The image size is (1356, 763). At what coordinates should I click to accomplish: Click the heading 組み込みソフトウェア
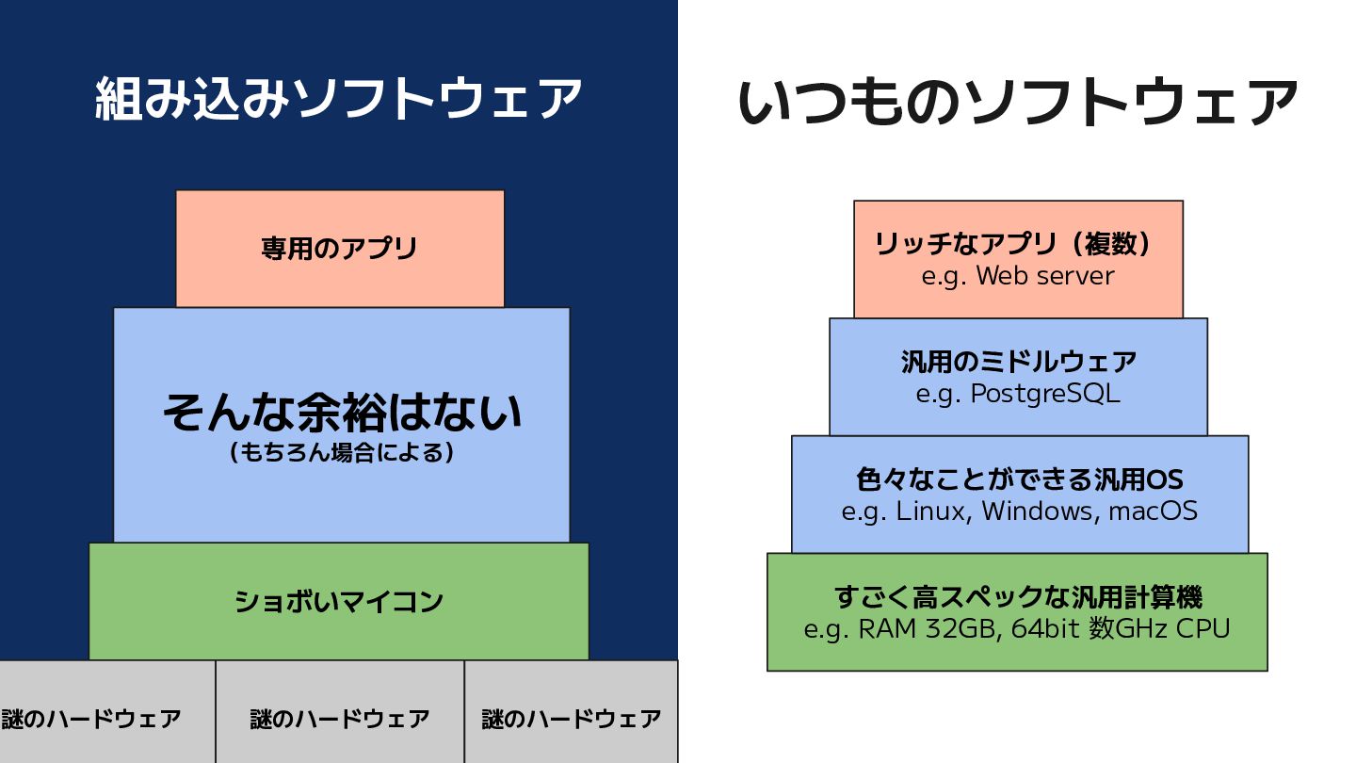click(x=338, y=99)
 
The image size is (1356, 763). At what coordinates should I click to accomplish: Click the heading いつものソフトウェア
click(x=1018, y=102)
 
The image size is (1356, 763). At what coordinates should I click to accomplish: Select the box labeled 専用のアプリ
click(x=340, y=249)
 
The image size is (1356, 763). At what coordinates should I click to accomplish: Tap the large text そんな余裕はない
click(x=342, y=413)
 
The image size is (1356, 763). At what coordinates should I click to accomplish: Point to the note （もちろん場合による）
click(x=342, y=453)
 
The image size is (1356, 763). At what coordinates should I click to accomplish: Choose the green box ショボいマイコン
click(x=338, y=601)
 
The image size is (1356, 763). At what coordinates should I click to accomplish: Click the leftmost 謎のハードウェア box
click(x=107, y=712)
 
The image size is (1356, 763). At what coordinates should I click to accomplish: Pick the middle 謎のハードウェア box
click(x=340, y=712)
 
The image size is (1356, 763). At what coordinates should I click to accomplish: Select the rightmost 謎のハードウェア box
click(x=571, y=712)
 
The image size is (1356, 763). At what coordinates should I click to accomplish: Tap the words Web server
click(x=1045, y=276)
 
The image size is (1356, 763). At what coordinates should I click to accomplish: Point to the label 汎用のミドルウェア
click(x=1018, y=362)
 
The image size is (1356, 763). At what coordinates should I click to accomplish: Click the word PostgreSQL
click(x=1045, y=394)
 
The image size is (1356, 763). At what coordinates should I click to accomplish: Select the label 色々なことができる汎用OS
click(x=1019, y=479)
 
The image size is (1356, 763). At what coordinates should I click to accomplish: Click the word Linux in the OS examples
click(x=932, y=511)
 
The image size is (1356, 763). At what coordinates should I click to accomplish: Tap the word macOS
click(x=1153, y=511)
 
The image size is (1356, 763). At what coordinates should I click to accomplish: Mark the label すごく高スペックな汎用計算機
click(x=1018, y=597)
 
